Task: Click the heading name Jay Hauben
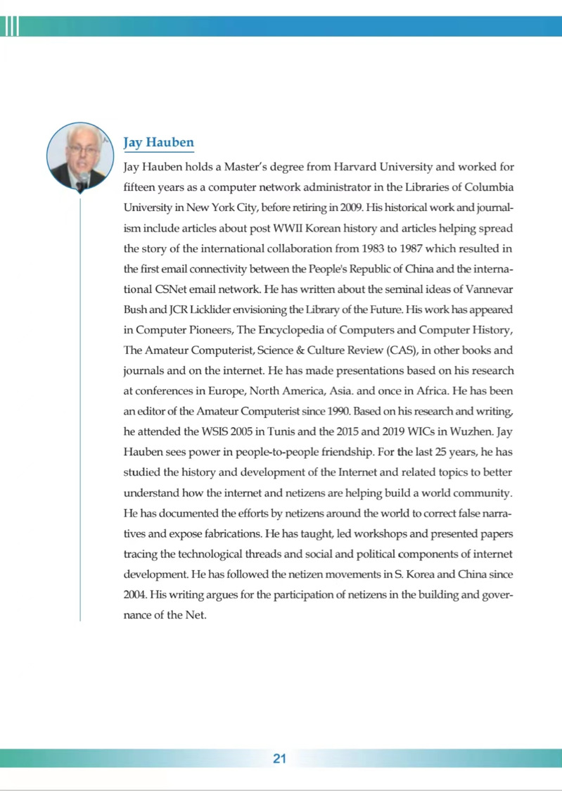coord(158,143)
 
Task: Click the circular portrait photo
coord(80,156)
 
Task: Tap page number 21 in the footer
coord(279,758)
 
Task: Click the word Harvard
coord(358,167)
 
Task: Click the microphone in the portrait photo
coord(82,180)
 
